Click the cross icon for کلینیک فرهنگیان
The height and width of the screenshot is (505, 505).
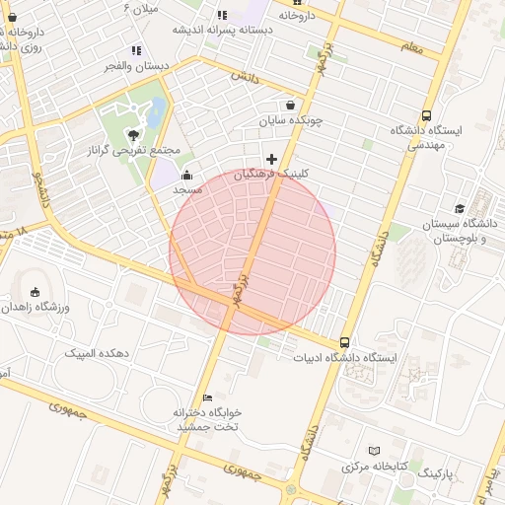tap(271, 159)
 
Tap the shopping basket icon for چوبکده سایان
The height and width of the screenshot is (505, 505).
tap(290, 106)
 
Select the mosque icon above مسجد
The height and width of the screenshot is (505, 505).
tap(186, 175)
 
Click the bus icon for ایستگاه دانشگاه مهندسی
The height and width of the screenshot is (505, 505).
tap(426, 115)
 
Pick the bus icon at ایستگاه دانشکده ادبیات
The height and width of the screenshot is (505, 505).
tap(344, 341)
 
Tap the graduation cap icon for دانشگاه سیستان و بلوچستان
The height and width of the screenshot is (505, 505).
tap(460, 208)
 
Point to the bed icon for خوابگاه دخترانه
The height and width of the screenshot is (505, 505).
tap(207, 397)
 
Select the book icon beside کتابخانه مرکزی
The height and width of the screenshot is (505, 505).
tap(373, 449)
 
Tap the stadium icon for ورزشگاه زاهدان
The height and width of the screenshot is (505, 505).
tap(36, 292)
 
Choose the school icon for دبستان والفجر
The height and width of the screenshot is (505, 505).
tap(136, 50)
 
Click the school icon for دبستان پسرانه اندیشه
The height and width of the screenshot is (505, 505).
tap(222, 15)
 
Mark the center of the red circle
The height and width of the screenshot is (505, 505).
tap(252, 252)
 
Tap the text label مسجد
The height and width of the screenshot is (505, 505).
tap(187, 188)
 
